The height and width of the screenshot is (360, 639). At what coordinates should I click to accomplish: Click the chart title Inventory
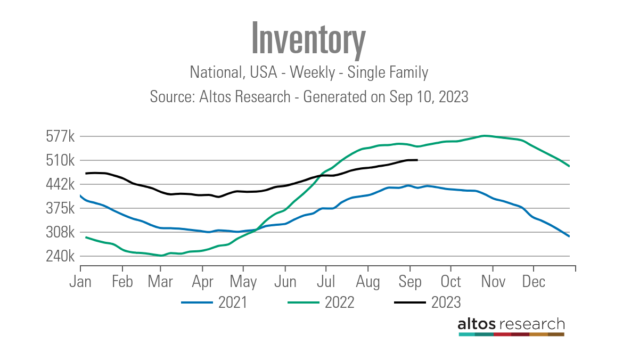point(308,38)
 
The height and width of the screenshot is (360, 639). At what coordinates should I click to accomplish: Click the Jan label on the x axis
point(80,281)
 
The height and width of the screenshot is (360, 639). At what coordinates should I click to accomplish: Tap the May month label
point(243,281)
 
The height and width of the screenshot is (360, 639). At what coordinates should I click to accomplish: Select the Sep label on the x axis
point(409,281)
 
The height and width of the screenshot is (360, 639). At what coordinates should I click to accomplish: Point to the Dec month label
point(533,281)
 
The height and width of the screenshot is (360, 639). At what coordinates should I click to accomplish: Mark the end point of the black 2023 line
point(417,160)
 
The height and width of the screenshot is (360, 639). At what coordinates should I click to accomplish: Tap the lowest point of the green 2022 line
point(161,256)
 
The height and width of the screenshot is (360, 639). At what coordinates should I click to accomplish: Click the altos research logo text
point(511,324)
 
